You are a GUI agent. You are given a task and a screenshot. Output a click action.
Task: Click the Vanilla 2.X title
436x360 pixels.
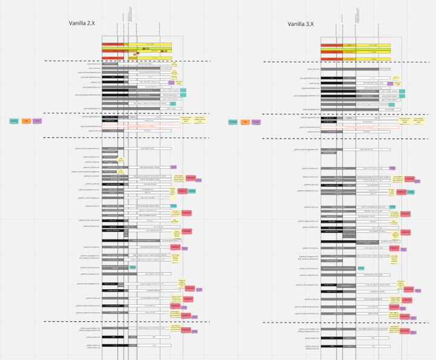(85, 24)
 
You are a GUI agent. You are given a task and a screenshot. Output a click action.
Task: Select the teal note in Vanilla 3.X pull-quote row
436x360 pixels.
(362, 267)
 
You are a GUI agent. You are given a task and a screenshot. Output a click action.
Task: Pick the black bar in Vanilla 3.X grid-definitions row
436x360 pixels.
(331, 77)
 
